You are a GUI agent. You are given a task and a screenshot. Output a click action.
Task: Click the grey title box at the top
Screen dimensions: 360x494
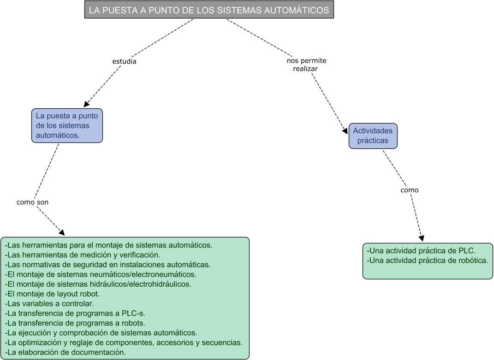(208, 10)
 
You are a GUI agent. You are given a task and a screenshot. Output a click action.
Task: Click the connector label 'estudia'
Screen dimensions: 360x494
(124, 61)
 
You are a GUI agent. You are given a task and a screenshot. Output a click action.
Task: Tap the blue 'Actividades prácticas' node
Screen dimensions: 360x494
(372, 136)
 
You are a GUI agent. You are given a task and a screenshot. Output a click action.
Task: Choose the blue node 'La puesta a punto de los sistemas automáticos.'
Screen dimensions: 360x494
(67, 125)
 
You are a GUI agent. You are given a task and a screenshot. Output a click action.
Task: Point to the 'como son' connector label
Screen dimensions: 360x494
(32, 202)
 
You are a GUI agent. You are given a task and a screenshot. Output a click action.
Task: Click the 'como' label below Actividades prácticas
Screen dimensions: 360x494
(409, 190)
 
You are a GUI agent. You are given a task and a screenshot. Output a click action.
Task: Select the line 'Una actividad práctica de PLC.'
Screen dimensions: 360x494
(421, 251)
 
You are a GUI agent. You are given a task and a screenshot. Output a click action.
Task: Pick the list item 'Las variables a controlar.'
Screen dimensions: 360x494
(49, 303)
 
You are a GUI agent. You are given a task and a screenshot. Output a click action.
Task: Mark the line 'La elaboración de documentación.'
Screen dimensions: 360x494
(65, 352)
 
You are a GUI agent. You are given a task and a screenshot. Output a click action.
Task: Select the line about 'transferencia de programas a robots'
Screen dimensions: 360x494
(75, 323)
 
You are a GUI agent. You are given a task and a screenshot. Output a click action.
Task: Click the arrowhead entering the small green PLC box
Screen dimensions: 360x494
(421, 238)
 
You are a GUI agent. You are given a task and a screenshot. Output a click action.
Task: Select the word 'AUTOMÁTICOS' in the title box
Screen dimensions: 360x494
(298, 11)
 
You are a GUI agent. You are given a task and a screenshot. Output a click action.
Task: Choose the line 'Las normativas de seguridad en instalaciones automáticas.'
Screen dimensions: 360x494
(107, 264)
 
